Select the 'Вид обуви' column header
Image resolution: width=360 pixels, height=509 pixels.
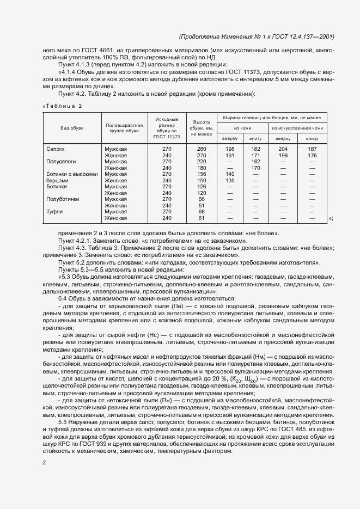coord(72,128)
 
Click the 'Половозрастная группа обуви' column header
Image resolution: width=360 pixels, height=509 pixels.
coord(124,128)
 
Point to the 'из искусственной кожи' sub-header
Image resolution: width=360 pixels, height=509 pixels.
coord(297,128)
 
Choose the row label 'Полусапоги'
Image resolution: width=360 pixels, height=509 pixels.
coord(61,162)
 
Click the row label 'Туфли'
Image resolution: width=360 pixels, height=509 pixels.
coord(54,211)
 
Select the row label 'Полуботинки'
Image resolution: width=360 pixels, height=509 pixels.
coord(63,199)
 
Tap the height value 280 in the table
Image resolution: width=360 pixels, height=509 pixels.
coord(202,149)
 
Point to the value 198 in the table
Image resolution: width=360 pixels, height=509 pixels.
coord(230,149)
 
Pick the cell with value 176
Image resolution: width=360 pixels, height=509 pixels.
coord(312,155)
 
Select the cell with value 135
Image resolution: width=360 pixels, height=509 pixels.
coord(230,180)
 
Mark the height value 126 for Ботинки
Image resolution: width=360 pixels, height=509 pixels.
coord(202,187)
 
